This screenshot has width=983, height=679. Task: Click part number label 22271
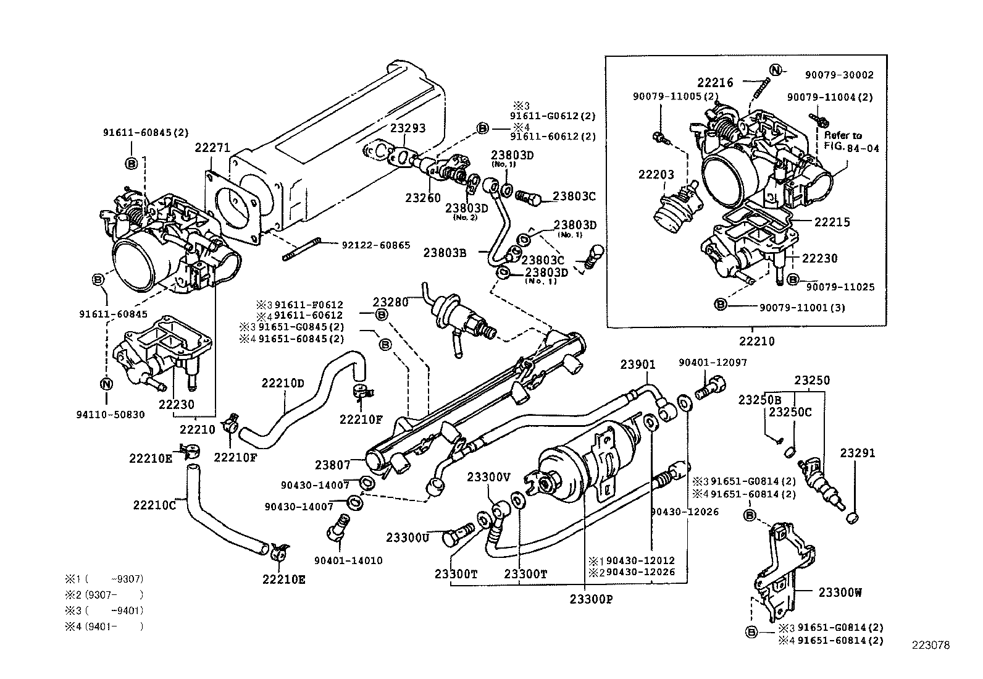click(x=212, y=148)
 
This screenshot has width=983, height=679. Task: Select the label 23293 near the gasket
click(x=408, y=129)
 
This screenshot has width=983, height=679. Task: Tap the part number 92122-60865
click(x=375, y=245)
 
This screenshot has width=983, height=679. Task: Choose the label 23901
click(x=638, y=365)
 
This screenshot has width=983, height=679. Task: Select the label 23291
click(x=857, y=453)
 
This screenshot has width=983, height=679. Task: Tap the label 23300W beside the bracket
click(x=840, y=593)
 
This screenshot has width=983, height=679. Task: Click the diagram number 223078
click(x=931, y=646)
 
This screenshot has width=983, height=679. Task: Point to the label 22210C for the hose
click(x=154, y=504)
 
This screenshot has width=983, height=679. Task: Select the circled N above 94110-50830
click(x=106, y=384)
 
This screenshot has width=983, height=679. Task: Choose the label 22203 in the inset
click(x=656, y=175)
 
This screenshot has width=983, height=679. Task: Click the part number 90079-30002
click(x=839, y=75)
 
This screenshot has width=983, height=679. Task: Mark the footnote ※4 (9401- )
click(x=104, y=626)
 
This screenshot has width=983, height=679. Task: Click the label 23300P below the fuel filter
click(x=591, y=599)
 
